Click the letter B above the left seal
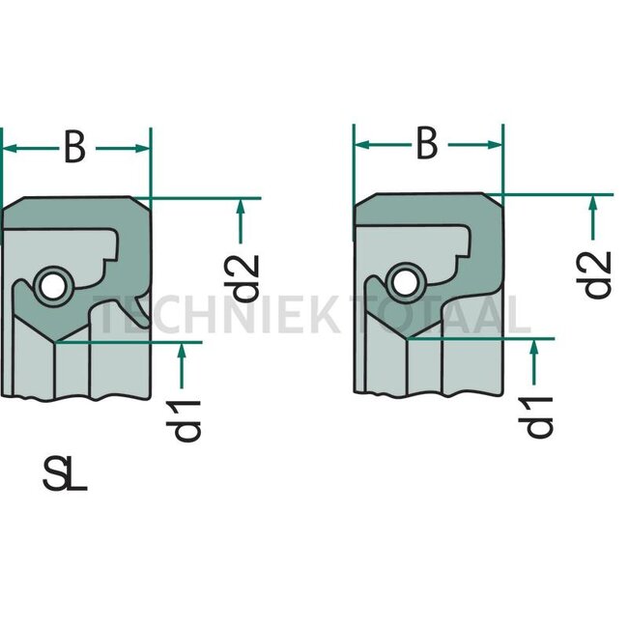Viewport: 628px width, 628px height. pyautogui.click(x=75, y=147)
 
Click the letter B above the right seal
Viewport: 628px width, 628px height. pyautogui.click(x=427, y=143)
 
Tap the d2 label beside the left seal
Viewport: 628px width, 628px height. pyautogui.click(x=242, y=278)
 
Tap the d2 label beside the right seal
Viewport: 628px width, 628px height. pyautogui.click(x=593, y=274)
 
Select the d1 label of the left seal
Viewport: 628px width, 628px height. pyautogui.click(x=184, y=420)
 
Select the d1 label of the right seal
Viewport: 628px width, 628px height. pyautogui.click(x=535, y=416)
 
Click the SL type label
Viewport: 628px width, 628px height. pyautogui.click(x=65, y=474)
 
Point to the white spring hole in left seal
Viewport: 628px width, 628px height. pyautogui.click(x=52, y=287)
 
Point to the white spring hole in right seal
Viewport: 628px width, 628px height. pyautogui.click(x=405, y=283)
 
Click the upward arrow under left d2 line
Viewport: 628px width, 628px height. pyautogui.click(x=241, y=221)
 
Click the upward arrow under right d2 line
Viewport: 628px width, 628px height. pyautogui.click(x=593, y=217)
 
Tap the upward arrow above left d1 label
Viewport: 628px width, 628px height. pyautogui.click(x=182, y=365)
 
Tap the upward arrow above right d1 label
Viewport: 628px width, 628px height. pyautogui.click(x=534, y=362)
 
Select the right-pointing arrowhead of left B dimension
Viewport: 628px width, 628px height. pyautogui.click(x=142, y=149)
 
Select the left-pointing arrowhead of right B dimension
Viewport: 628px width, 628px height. pyautogui.click(x=362, y=145)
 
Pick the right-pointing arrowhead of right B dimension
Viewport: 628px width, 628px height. pyautogui.click(x=495, y=145)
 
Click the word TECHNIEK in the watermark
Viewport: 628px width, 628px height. pyautogui.click(x=216, y=315)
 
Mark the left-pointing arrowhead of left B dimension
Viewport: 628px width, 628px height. pyautogui.click(x=11, y=149)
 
